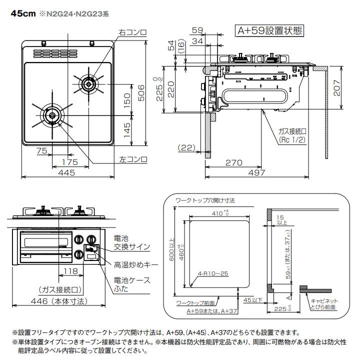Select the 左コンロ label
pyautogui.click(x=133, y=159)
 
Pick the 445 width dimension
pyautogui.click(x=66, y=172)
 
